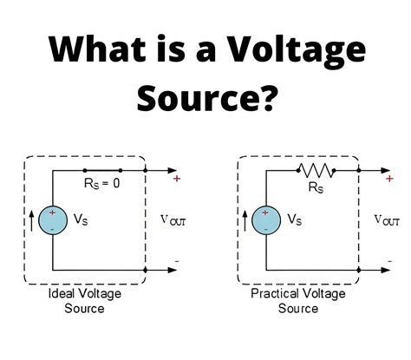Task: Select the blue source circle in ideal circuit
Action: pos(53,220)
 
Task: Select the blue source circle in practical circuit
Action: pos(265,220)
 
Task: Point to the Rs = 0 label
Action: pos(102,185)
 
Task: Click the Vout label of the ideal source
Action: pos(173,220)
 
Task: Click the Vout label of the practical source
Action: pos(387,220)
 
